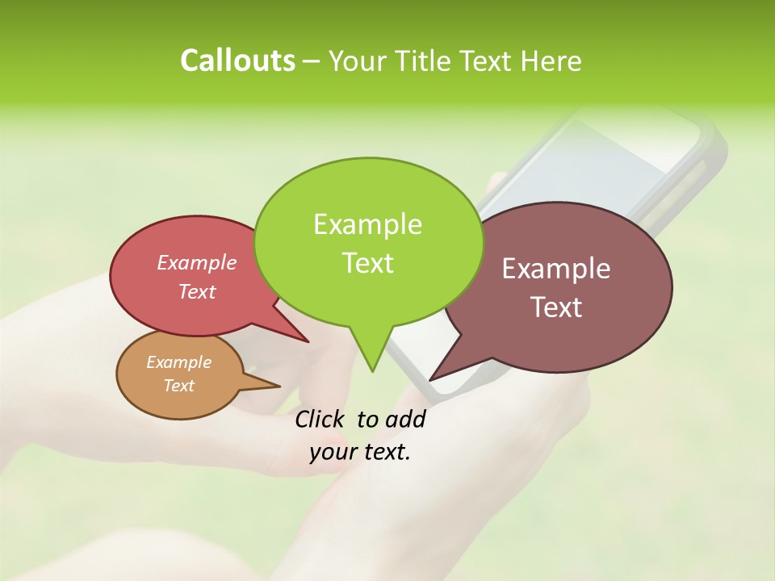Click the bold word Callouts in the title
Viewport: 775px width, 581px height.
pyautogui.click(x=237, y=61)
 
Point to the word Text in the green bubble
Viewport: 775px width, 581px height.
pyautogui.click(x=367, y=262)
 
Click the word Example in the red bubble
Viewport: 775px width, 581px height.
pyautogui.click(x=197, y=262)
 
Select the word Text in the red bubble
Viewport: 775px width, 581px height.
pyautogui.click(x=197, y=291)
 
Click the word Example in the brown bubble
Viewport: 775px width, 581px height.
pyautogui.click(x=556, y=269)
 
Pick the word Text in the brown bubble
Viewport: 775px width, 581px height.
pyautogui.click(x=556, y=307)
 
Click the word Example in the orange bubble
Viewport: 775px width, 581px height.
pyautogui.click(x=178, y=362)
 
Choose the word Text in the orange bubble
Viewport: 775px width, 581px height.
pyautogui.click(x=178, y=386)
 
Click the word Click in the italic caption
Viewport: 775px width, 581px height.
pyautogui.click(x=320, y=419)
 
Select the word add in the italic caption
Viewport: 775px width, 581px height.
pyautogui.click(x=405, y=419)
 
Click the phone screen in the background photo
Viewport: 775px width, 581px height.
pyautogui.click(x=622, y=153)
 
